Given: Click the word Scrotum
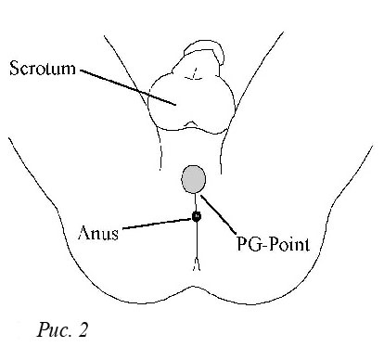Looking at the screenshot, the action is click(43, 68).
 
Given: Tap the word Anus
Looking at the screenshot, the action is click(98, 233).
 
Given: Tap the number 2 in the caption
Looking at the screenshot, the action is click(83, 329).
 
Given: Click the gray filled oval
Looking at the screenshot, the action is click(194, 179).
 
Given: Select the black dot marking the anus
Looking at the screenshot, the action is click(197, 216).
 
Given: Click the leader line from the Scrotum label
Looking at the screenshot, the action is click(128, 87).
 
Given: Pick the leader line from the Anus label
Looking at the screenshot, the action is click(158, 224).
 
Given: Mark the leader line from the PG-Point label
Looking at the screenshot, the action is click(218, 214).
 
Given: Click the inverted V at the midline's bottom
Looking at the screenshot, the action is click(197, 264).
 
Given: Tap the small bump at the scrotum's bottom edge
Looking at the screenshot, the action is click(191, 123).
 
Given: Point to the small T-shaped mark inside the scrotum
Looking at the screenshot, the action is click(194, 74).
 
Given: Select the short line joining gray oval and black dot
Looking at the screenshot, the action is click(196, 202).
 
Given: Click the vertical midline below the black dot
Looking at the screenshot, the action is click(197, 239).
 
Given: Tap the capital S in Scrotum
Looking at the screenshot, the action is click(14, 68).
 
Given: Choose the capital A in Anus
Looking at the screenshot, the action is click(84, 233).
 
